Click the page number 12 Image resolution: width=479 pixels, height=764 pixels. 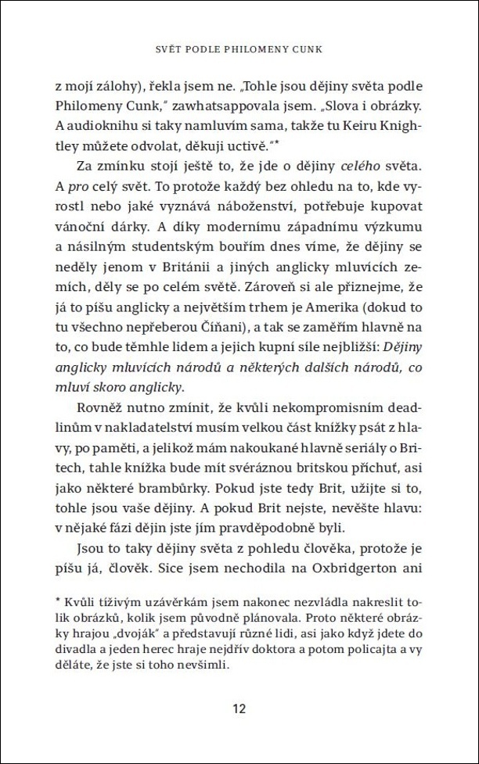[x=239, y=709]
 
